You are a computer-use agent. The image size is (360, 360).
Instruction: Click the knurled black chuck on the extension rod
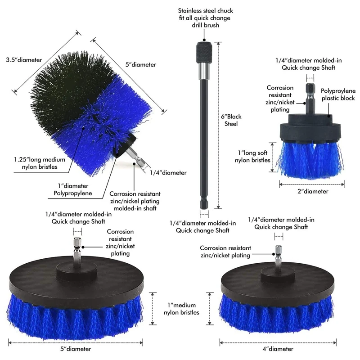coord(204,52)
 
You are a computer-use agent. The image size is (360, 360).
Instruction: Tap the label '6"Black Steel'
coord(231,120)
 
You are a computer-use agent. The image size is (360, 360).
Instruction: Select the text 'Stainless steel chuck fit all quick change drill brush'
coord(205,18)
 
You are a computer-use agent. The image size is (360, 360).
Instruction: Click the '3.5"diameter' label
coord(24,60)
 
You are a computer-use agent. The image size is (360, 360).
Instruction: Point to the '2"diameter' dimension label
coord(313,191)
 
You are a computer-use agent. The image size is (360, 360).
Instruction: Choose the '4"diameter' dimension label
coord(278,349)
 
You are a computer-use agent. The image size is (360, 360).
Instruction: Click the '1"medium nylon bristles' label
coord(181,309)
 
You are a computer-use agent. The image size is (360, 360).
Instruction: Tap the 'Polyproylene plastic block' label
coord(338,94)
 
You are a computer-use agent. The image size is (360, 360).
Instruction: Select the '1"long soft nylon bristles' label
coord(252,156)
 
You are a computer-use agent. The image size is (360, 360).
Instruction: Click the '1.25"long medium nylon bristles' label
coord(40,163)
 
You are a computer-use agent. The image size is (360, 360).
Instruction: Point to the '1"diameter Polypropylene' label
coord(73,189)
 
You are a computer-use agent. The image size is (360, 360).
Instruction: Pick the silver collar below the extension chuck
coord(204,70)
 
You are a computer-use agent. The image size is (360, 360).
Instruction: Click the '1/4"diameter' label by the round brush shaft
coord(168,173)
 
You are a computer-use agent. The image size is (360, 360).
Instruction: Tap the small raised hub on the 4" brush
coord(278,273)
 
